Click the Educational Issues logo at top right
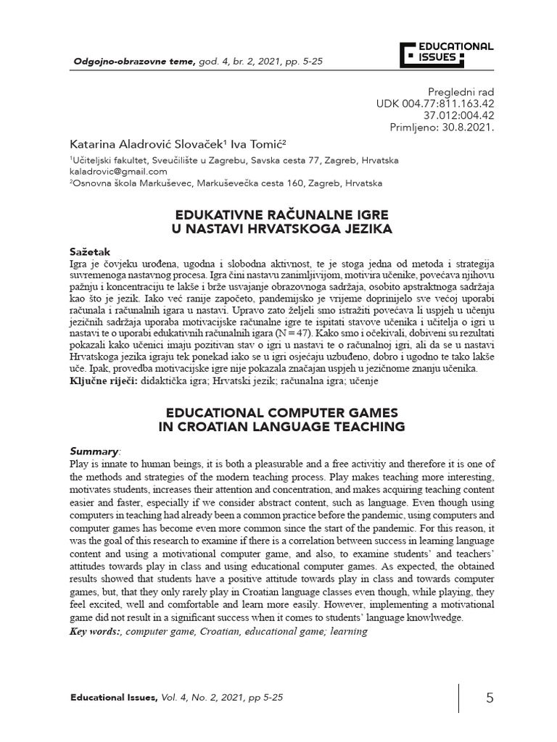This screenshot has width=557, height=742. click(447, 53)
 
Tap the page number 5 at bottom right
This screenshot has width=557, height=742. click(490, 698)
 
